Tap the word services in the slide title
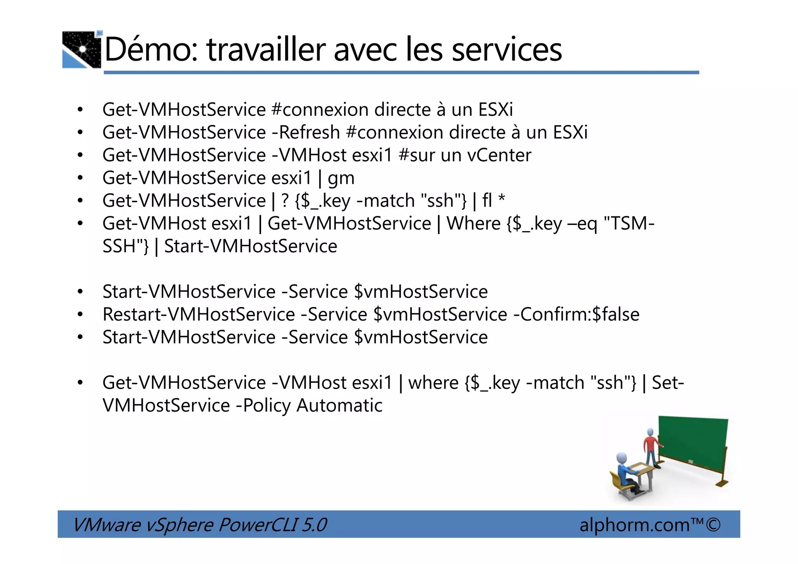(507, 50)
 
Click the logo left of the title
(82, 50)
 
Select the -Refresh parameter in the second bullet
(306, 133)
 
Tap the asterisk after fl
(502, 200)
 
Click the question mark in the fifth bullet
(285, 201)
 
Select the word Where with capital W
(474, 224)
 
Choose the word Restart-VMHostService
(199, 315)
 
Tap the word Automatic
(339, 406)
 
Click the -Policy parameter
(263, 406)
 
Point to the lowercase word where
(433, 383)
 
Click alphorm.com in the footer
(634, 525)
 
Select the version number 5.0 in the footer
(314, 525)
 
